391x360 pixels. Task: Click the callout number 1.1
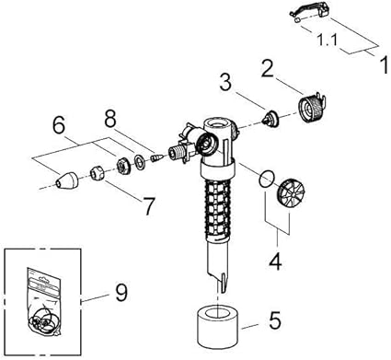click(x=327, y=41)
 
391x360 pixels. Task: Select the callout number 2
click(x=268, y=68)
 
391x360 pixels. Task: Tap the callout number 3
click(x=225, y=83)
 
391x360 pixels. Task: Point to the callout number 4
click(x=276, y=261)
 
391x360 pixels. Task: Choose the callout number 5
click(x=274, y=320)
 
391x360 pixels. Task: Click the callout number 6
click(x=59, y=125)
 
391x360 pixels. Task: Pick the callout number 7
click(x=149, y=206)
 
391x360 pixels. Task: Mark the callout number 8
click(x=110, y=118)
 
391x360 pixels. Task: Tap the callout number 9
click(x=121, y=292)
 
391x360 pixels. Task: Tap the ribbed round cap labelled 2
click(x=311, y=108)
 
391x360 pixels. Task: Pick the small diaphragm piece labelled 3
click(x=270, y=119)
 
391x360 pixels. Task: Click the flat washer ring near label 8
click(x=141, y=161)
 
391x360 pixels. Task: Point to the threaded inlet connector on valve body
click(x=178, y=153)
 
